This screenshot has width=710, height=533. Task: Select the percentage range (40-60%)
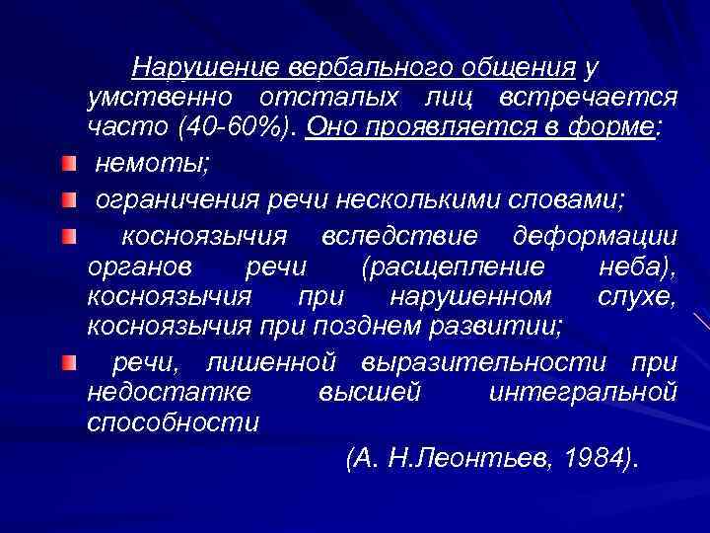236,127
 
